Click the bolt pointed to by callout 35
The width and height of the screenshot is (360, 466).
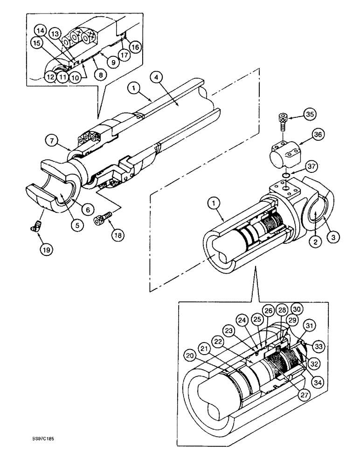point(283,120)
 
